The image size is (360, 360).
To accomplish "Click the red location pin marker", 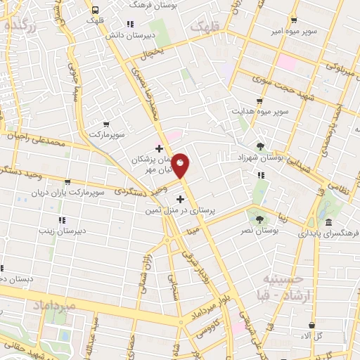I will (181, 166).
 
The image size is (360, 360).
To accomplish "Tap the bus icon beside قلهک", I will (95, 10).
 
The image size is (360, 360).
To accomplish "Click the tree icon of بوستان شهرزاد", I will (261, 147).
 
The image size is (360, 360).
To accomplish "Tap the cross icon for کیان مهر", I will (159, 148).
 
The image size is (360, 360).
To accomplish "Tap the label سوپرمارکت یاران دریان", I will (95, 191).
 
